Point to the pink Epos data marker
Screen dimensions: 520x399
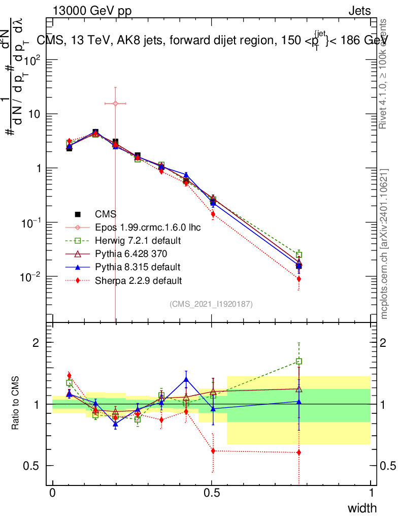click(x=115, y=103)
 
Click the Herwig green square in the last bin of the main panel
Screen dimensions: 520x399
click(x=299, y=254)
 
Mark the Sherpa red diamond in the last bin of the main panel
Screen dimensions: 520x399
click(x=299, y=279)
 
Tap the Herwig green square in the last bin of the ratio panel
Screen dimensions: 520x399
click(x=299, y=362)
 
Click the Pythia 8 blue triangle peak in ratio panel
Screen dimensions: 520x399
click(x=186, y=379)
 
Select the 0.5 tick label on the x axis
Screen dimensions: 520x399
click(x=212, y=493)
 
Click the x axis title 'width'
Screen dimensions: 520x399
click(x=362, y=508)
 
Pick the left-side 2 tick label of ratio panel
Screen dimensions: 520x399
click(x=36, y=343)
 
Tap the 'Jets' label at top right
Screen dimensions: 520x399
click(x=359, y=11)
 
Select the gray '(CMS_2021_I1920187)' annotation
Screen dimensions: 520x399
click(x=211, y=304)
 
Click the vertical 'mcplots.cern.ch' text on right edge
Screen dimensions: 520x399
click(x=385, y=244)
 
